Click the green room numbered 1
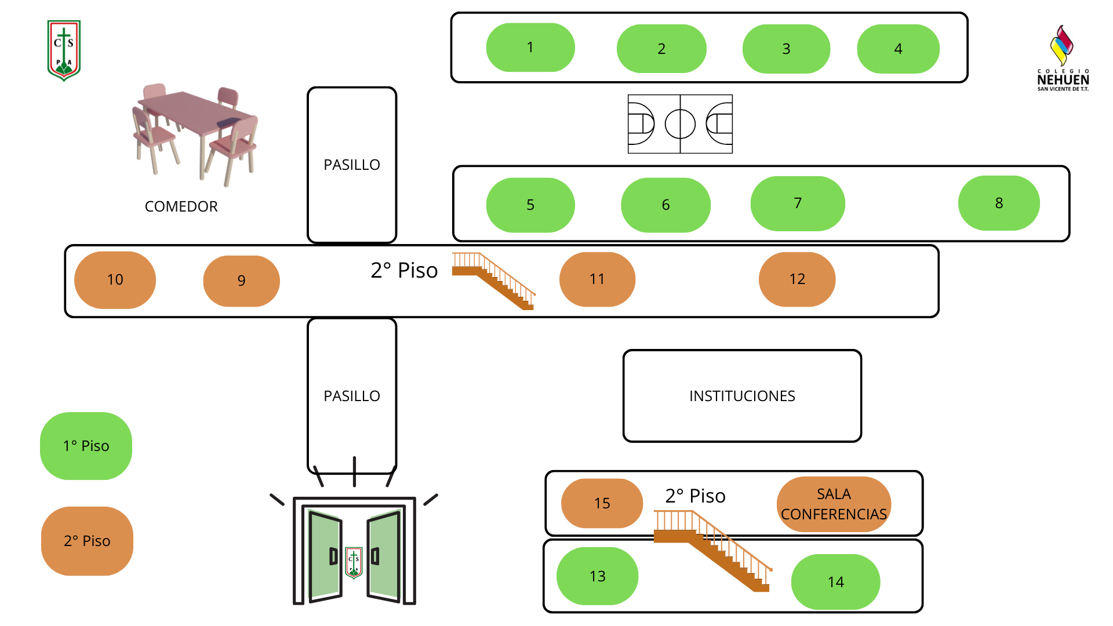[530, 48]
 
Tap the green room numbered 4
[898, 49]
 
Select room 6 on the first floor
[665, 205]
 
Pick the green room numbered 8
[999, 203]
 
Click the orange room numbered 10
[115, 279]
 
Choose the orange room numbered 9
[241, 281]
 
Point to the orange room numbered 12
[797, 279]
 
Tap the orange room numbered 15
[602, 503]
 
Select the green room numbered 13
[597, 576]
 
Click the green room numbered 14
[835, 582]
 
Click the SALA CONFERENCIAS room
[834, 504]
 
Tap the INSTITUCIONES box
[742, 396]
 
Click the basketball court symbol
[680, 124]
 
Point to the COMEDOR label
[181, 206]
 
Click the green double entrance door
[354, 554]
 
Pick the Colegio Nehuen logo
[1063, 58]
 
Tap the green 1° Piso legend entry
[86, 446]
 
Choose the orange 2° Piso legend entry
[87, 541]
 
